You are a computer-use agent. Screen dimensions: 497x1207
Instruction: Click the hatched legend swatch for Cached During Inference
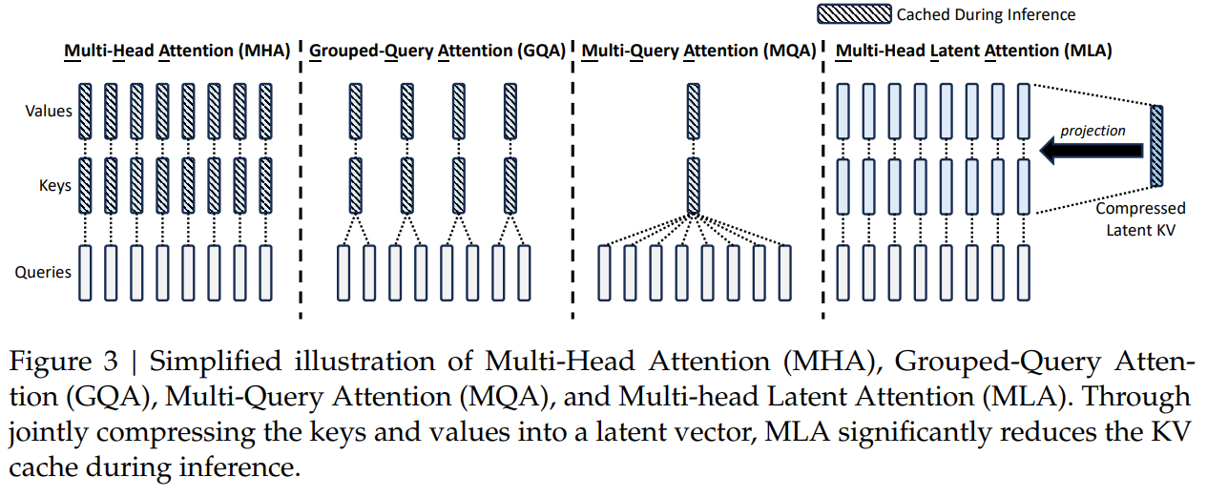pyautogui.click(x=855, y=14)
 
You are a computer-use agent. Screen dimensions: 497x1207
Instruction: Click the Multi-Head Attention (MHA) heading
pyautogui.click(x=177, y=51)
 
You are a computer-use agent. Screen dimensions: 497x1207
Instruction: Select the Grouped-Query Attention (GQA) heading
pyautogui.click(x=438, y=51)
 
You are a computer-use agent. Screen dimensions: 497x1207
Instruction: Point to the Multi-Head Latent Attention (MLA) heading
pyautogui.click(x=973, y=51)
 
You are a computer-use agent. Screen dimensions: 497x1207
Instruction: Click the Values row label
pyautogui.click(x=49, y=111)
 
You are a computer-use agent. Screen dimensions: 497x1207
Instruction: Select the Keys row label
pyautogui.click(x=55, y=185)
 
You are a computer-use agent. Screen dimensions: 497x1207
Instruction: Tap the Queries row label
pyautogui.click(x=43, y=272)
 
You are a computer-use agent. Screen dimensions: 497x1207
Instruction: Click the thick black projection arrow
pyautogui.click(x=1092, y=150)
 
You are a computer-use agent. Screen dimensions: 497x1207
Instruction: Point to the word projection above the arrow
pyautogui.click(x=1093, y=131)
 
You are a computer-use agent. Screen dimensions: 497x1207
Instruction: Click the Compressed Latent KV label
pyautogui.click(x=1140, y=218)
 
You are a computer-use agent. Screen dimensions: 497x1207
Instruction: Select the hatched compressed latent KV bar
pyautogui.click(x=1157, y=145)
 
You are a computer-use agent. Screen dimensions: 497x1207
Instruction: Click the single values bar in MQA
pyautogui.click(x=693, y=111)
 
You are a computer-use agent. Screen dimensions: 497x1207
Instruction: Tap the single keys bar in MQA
pyautogui.click(x=693, y=185)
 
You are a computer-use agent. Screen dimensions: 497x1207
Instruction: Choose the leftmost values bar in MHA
pyautogui.click(x=85, y=111)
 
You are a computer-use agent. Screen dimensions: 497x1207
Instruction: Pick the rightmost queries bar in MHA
pyautogui.click(x=265, y=272)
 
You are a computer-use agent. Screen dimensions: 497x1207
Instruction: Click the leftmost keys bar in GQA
pyautogui.click(x=356, y=185)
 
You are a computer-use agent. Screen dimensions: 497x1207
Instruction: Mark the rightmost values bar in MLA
pyautogui.click(x=1024, y=111)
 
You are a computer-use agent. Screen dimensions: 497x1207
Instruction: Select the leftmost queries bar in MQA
pyautogui.click(x=603, y=272)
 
